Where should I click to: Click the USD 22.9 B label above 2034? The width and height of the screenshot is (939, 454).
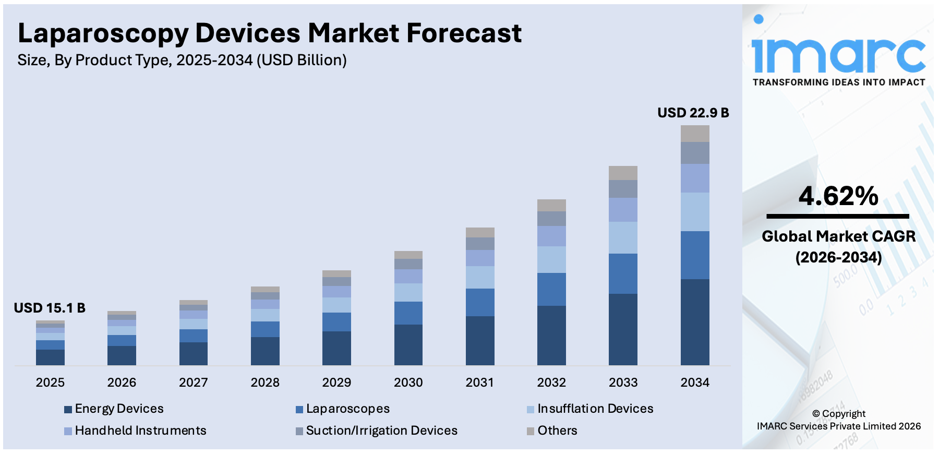point(693,113)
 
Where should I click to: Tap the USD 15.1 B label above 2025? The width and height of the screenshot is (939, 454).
point(50,308)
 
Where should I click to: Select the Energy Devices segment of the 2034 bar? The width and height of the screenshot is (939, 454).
point(695,322)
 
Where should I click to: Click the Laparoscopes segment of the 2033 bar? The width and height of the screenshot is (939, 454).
point(623,273)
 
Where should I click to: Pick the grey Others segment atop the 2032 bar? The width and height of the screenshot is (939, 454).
point(551,205)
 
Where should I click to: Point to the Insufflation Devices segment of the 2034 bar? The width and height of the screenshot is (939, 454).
point(695,212)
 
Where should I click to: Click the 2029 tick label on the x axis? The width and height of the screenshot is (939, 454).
point(336,383)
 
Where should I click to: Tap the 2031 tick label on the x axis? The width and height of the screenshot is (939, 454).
point(479,383)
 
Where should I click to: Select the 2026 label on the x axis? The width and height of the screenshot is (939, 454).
point(122,383)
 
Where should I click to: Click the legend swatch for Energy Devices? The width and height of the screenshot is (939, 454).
point(68,410)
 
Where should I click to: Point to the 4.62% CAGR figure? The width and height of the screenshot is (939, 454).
point(838,197)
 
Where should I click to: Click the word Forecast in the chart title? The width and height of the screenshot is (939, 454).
point(464,33)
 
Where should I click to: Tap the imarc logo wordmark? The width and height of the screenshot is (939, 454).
point(838,52)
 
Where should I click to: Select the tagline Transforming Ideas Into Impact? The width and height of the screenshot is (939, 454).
point(838,82)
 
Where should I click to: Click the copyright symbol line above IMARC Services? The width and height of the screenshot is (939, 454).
point(838,414)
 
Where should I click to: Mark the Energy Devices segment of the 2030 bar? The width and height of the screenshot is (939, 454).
point(408,344)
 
